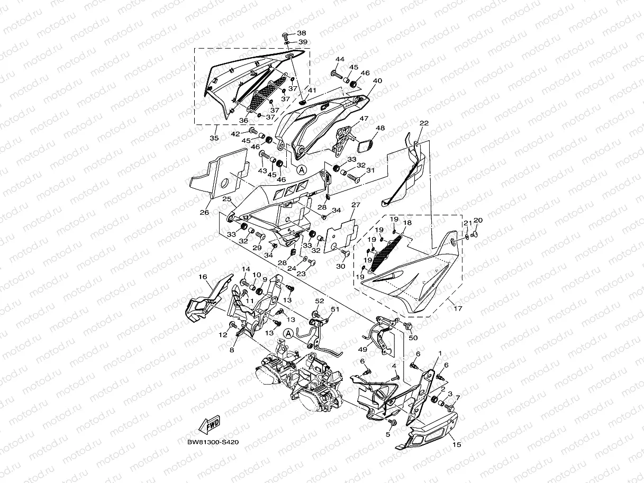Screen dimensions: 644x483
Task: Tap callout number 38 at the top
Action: (x=301, y=33)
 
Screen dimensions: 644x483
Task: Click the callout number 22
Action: (x=424, y=123)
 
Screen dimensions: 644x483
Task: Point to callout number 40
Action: (x=377, y=81)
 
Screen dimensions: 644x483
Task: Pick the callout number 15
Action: (x=457, y=444)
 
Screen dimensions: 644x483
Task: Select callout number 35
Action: (x=214, y=138)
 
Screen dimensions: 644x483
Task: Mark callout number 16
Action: (x=203, y=277)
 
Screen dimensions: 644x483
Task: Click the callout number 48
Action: (x=380, y=128)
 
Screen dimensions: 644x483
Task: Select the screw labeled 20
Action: (x=475, y=230)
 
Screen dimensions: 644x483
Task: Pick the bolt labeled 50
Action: (x=407, y=325)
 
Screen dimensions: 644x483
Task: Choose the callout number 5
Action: (x=387, y=434)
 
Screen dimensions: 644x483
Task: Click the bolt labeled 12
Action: (x=233, y=324)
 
